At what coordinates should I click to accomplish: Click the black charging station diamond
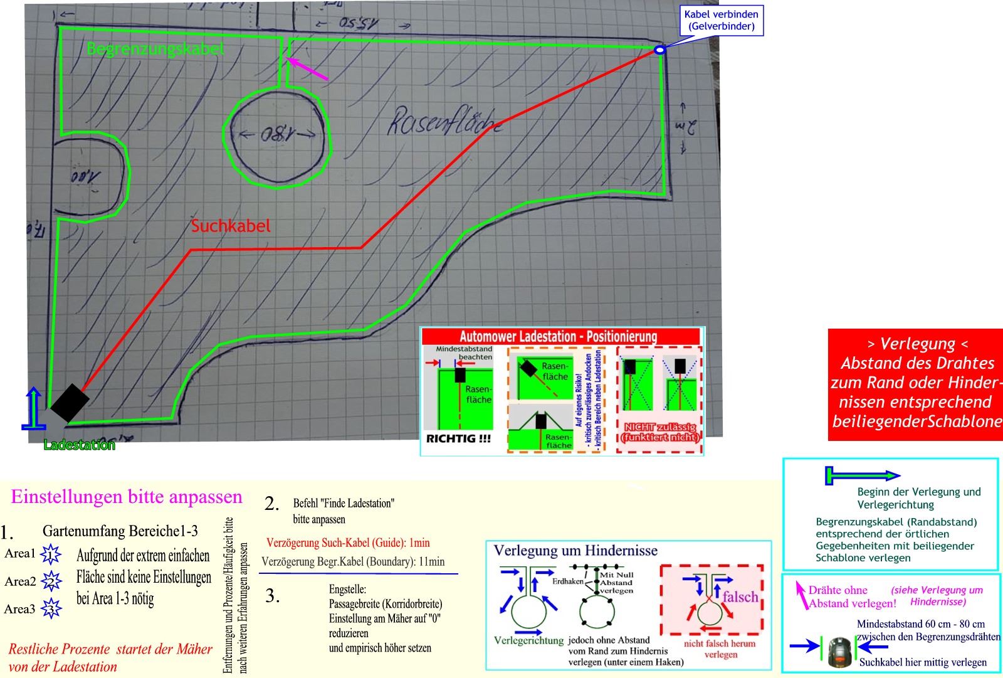pos(70,403)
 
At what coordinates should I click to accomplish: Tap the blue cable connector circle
pos(659,50)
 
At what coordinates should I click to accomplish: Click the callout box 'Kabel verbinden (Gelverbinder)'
pos(721,21)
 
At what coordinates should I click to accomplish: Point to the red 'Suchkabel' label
pos(231,226)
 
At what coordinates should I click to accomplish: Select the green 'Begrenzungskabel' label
pos(155,48)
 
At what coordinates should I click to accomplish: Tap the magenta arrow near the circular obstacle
pos(307,69)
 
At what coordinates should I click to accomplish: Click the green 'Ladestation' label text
pos(80,445)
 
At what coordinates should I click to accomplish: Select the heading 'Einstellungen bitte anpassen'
pos(127,497)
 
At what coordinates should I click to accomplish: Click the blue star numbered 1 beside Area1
pos(50,554)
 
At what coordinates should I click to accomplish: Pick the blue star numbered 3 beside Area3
pos(51,609)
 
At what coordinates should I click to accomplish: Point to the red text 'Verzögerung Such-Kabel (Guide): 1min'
pos(348,543)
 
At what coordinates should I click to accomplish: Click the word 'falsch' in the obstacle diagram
pos(740,596)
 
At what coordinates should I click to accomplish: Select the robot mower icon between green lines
pos(838,652)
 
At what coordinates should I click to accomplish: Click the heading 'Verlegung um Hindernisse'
pos(575,551)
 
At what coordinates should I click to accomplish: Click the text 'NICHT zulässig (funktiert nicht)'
pos(659,433)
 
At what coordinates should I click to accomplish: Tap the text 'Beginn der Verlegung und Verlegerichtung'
pos(918,498)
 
